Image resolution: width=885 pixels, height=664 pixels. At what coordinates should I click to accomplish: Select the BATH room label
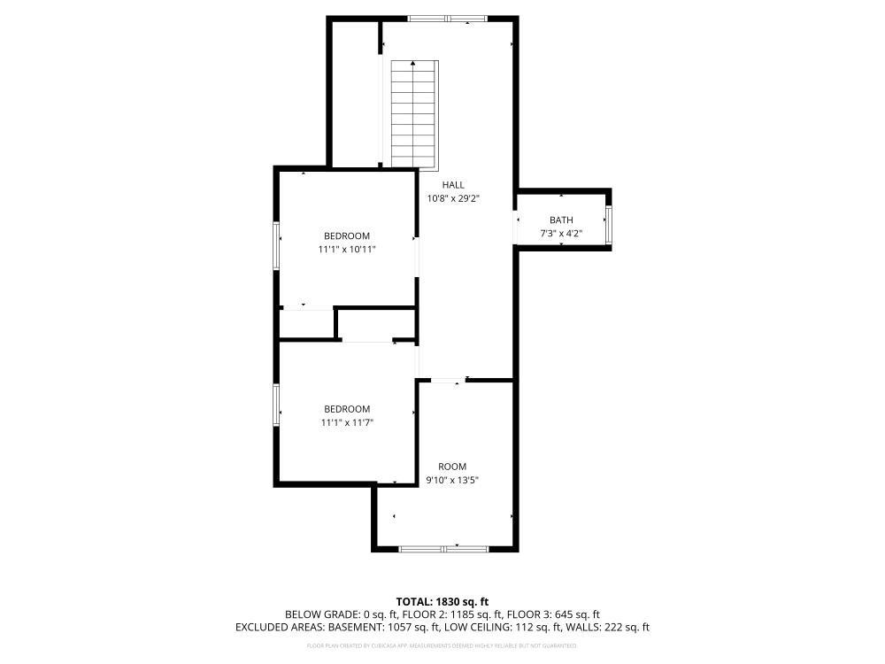pyautogui.click(x=561, y=220)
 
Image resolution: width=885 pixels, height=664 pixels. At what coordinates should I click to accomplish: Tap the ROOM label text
pyautogui.click(x=452, y=467)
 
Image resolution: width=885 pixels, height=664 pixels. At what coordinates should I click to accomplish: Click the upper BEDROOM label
pyautogui.click(x=347, y=235)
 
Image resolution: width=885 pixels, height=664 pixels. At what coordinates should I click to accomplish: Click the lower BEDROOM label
pyautogui.click(x=347, y=408)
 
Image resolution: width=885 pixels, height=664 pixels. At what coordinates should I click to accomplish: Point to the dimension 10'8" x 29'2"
pyautogui.click(x=453, y=198)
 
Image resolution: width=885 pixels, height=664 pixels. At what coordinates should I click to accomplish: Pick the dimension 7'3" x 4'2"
pyautogui.click(x=561, y=234)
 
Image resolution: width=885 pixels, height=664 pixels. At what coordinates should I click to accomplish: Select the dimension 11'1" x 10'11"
pyautogui.click(x=347, y=250)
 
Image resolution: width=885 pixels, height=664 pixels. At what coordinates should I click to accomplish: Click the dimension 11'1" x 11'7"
pyautogui.click(x=347, y=422)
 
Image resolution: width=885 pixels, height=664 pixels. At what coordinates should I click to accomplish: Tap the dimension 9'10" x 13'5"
pyautogui.click(x=452, y=480)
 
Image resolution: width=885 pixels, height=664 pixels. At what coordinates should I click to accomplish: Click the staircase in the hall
pyautogui.click(x=415, y=114)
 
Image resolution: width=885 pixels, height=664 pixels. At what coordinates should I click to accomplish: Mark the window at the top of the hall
pyautogui.click(x=447, y=19)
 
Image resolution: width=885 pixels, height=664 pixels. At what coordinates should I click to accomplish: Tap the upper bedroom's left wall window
pyautogui.click(x=276, y=246)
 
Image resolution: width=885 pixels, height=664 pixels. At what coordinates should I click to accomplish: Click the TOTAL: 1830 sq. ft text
pyautogui.click(x=442, y=601)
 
